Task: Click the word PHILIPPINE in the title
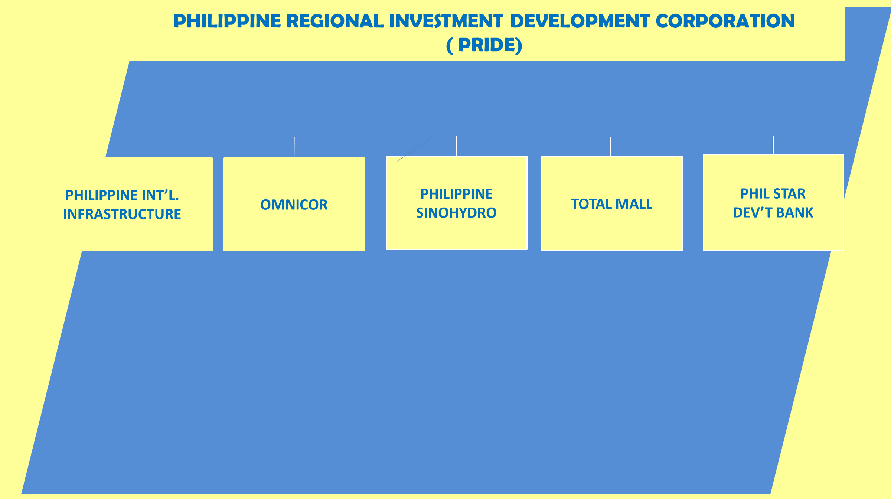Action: [227, 21]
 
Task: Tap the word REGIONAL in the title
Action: [335, 21]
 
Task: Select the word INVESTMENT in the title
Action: [446, 21]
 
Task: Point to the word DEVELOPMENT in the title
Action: [580, 21]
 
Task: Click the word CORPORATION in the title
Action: [725, 21]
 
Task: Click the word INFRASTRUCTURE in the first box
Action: [122, 214]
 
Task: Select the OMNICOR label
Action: [294, 205]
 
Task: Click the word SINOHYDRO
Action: [456, 213]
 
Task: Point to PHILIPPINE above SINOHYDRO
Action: [457, 194]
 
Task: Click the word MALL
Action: [634, 204]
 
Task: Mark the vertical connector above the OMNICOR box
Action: [294, 147]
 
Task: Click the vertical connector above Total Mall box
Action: [610, 147]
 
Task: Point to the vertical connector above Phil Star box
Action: [773, 145]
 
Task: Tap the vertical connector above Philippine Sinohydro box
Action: [457, 146]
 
